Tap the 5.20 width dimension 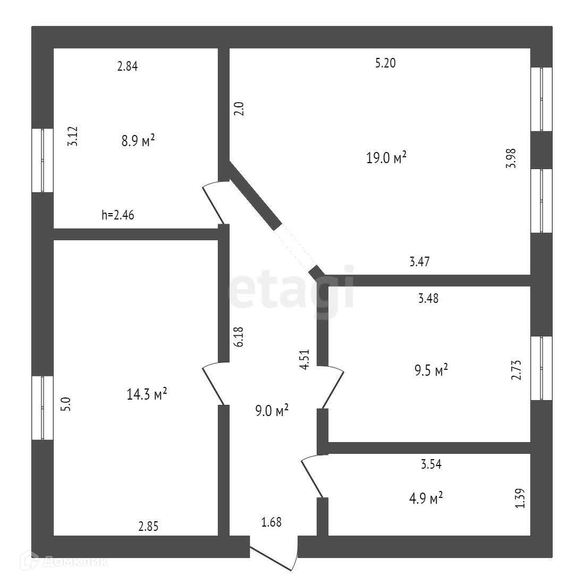pos(385,63)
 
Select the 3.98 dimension pos(511,158)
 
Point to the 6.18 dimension pos(239,337)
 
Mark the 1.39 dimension pos(520,498)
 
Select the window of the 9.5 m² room pos(541,368)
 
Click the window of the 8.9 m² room pos(43,160)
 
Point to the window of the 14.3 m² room pos(43,408)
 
